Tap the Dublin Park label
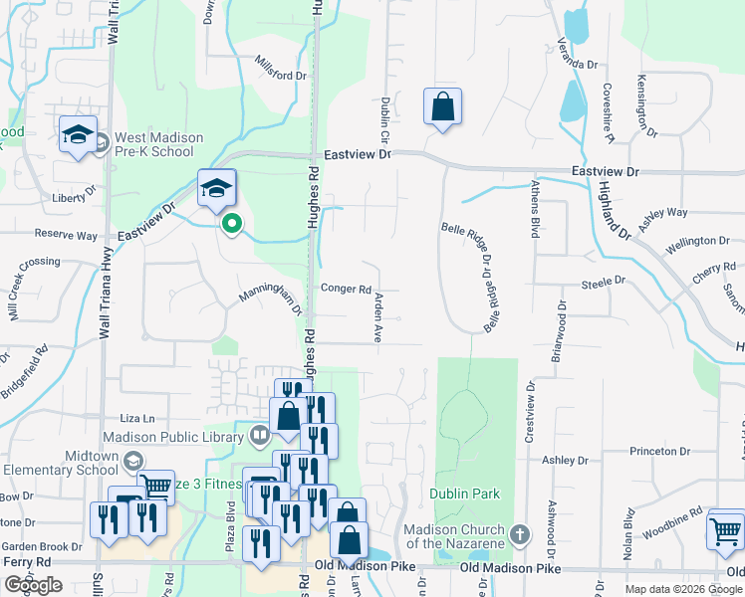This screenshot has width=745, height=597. pos(464,494)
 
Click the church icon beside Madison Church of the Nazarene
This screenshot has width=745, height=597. pos(518,534)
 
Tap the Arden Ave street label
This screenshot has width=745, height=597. pos(378,317)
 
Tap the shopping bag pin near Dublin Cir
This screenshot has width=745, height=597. pos(441,107)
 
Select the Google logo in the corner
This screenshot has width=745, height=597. pos(33,585)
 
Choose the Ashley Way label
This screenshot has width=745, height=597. pos(662,212)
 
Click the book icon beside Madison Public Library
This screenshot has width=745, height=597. pos(260,434)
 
